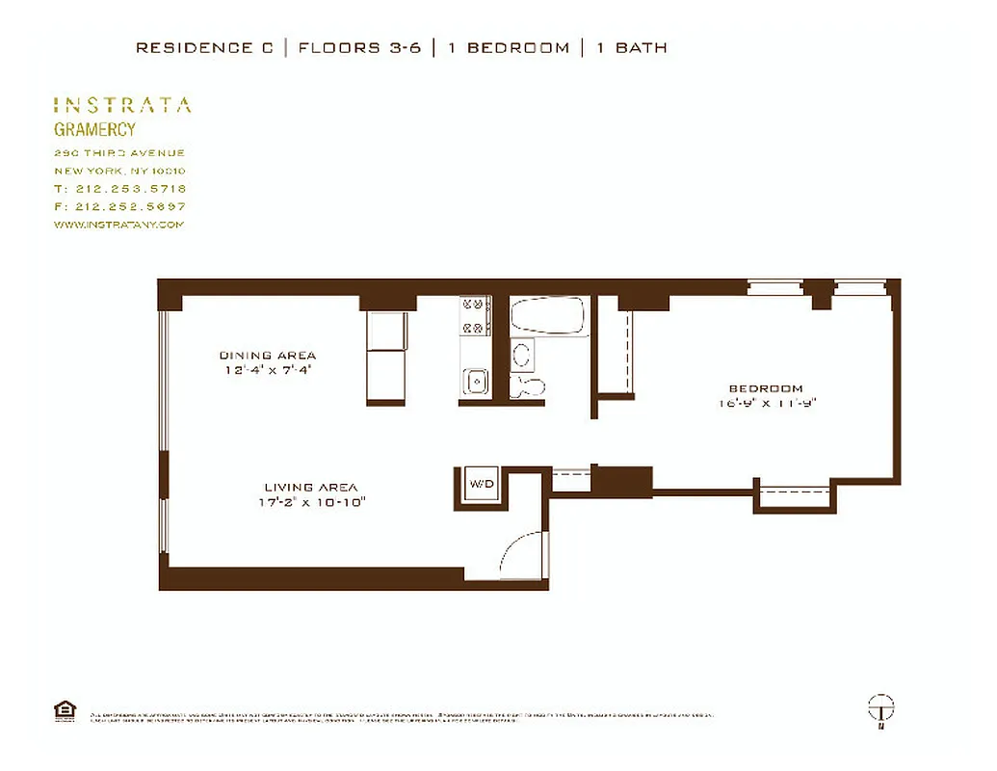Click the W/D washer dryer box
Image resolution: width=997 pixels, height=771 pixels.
click(482, 485)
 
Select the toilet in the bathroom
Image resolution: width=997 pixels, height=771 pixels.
click(529, 385)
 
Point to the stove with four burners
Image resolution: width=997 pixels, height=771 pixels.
click(476, 315)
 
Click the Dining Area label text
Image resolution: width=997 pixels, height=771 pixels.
click(268, 355)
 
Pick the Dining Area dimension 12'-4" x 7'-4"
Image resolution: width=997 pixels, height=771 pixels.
click(268, 369)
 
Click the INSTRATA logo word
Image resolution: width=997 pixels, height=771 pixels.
click(122, 105)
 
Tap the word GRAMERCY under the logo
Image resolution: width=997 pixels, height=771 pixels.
click(94, 129)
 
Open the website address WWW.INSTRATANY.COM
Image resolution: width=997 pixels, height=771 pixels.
click(118, 225)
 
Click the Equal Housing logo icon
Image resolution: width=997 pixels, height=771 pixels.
click(65, 711)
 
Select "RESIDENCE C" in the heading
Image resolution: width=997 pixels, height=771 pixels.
click(204, 47)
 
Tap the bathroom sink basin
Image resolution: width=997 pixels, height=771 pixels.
click(522, 355)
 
